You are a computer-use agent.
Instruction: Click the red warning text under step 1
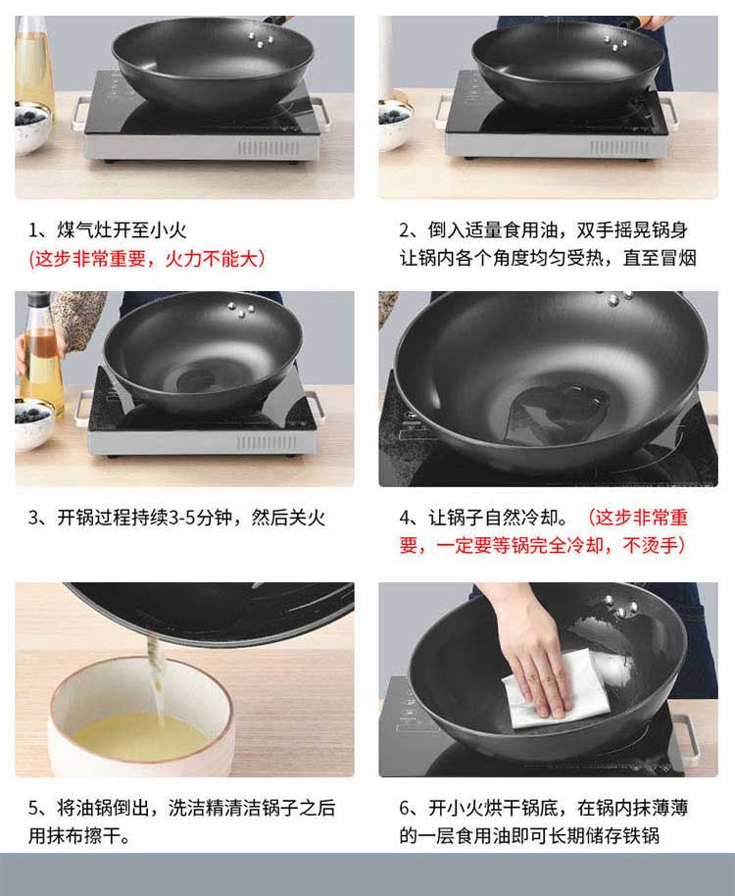147,259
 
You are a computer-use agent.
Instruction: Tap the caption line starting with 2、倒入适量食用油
543,230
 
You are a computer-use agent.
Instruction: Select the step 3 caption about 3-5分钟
176,518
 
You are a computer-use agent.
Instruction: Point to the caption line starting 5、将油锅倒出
181,808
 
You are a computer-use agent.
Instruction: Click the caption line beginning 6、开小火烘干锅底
543,808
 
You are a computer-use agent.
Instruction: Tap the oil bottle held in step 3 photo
41,354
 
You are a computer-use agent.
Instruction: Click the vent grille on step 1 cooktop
269,148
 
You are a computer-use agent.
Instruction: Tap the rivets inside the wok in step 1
260,40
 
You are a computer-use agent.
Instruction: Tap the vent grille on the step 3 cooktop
267,443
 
